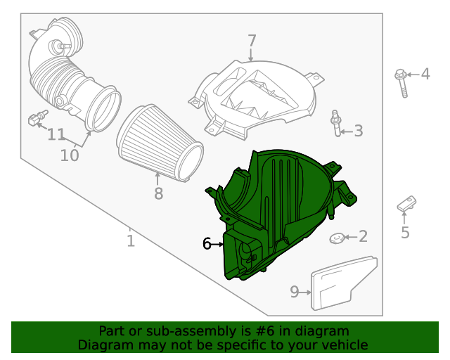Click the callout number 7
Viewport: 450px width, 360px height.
click(x=252, y=41)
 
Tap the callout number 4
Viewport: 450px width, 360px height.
click(x=425, y=74)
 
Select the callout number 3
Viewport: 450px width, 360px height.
click(x=358, y=130)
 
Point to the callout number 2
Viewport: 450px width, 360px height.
click(x=363, y=236)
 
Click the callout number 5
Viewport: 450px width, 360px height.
click(x=405, y=232)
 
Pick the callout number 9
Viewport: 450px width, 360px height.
click(x=295, y=291)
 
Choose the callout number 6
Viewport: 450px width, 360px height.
click(x=207, y=244)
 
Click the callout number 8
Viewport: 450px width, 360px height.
click(x=158, y=193)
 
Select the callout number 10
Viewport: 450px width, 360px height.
click(x=69, y=155)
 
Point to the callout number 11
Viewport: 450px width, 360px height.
click(x=56, y=134)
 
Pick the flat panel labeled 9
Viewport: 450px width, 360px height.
click(x=342, y=283)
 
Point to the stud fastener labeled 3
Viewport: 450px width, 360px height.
click(x=336, y=124)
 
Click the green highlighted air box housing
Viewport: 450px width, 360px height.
click(x=281, y=211)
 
